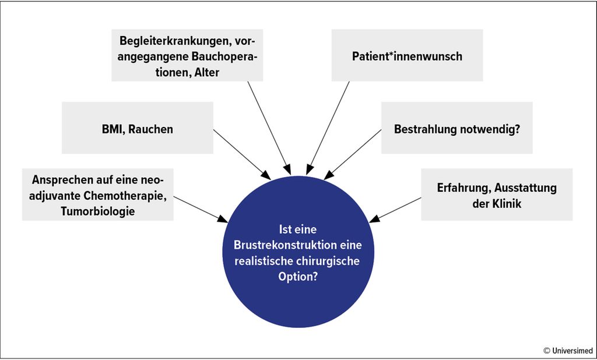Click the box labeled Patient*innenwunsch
407,55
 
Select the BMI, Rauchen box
138,128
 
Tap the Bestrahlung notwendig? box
457,128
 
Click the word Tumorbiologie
98,211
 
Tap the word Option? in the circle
298,277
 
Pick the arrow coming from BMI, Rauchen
242,154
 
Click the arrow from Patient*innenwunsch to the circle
328,128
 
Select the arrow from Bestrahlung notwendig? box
352,154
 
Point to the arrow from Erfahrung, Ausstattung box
395,210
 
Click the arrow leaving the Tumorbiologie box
201,209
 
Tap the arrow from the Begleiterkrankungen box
269,128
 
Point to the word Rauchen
151,129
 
